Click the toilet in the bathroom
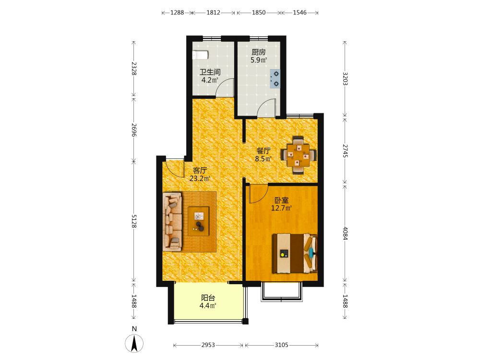click(x=200, y=55)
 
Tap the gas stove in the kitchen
click(x=275, y=79)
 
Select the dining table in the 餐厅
click(x=299, y=155)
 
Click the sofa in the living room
click(x=172, y=222)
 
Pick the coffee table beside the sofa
click(x=198, y=221)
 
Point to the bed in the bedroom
click(x=295, y=253)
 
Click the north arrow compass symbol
click(x=134, y=343)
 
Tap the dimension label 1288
click(x=177, y=12)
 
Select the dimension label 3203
click(x=345, y=79)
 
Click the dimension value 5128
click(x=134, y=221)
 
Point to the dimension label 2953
click(x=208, y=345)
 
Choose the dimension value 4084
click(x=345, y=233)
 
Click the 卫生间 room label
click(x=210, y=72)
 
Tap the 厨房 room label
click(x=259, y=52)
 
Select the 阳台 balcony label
click(x=208, y=298)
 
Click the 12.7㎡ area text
click(x=281, y=208)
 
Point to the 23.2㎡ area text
click(x=200, y=179)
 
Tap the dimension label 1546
click(x=300, y=12)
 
